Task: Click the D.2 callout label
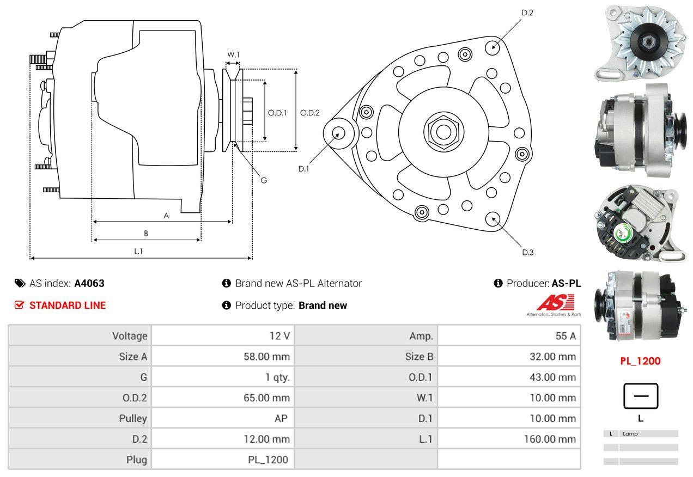(x=527, y=13)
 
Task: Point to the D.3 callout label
(x=527, y=252)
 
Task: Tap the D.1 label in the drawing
(x=303, y=169)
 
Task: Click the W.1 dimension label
(x=233, y=54)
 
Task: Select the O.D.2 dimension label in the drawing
(x=310, y=113)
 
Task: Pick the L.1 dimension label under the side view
(x=138, y=251)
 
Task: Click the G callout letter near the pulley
(x=263, y=180)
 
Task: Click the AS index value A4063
(x=89, y=283)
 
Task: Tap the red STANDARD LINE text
(x=68, y=305)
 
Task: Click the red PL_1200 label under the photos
(x=641, y=361)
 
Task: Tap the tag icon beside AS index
(x=20, y=283)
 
